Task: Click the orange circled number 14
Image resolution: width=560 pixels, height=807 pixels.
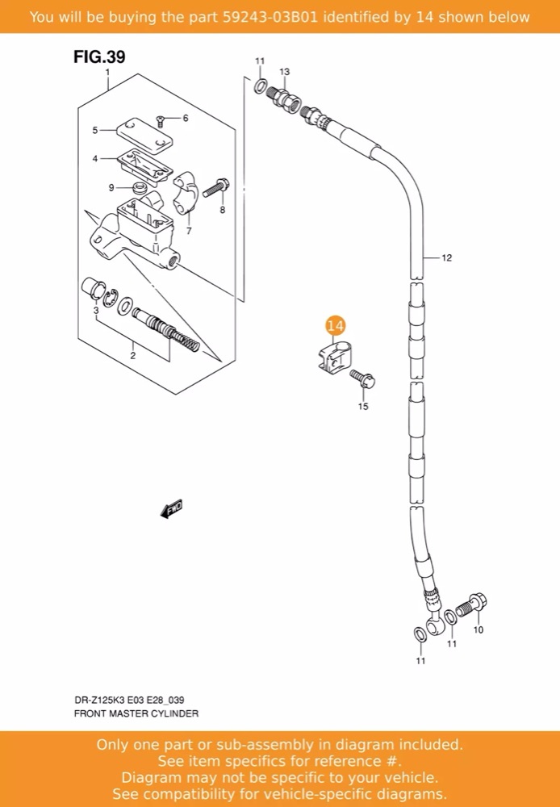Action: click(335, 326)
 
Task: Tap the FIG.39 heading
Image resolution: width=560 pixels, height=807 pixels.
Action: click(99, 56)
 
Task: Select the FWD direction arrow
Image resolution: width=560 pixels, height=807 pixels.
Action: click(171, 508)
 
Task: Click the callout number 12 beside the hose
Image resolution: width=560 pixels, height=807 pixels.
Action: click(446, 257)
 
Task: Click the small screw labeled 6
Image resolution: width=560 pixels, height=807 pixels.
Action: click(160, 121)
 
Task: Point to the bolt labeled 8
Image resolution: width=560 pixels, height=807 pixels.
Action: click(217, 187)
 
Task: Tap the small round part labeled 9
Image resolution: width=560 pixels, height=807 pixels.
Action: click(139, 188)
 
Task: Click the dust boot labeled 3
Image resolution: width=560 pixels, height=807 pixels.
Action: click(93, 288)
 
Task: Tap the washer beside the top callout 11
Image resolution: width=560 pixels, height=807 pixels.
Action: click(261, 86)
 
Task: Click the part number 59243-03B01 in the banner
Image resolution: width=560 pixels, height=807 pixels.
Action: click(270, 17)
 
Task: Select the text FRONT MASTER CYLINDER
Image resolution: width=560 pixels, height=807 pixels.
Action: click(136, 713)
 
